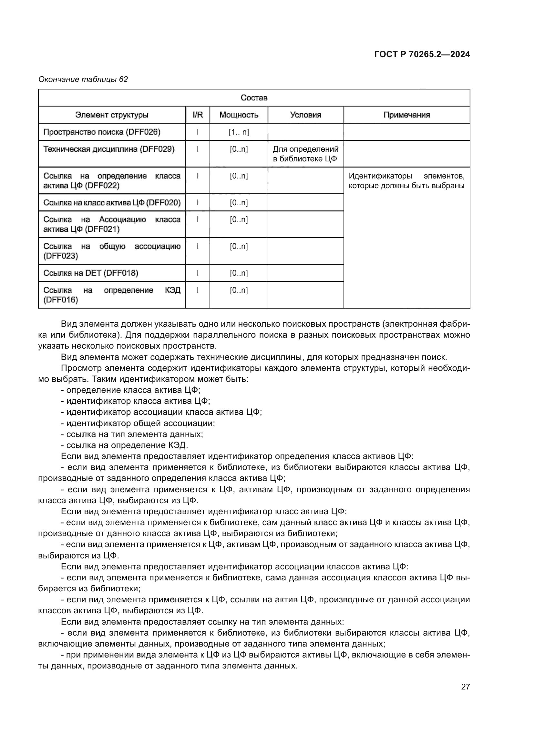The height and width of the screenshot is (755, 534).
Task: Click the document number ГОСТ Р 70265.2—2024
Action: click(422, 54)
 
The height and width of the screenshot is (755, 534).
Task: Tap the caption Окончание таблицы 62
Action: click(83, 79)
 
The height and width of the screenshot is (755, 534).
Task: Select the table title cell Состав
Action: click(254, 98)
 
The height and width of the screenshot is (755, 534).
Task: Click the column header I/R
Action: click(198, 115)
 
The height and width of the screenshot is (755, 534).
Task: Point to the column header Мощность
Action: click(239, 115)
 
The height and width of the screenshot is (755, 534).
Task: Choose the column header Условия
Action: click(305, 115)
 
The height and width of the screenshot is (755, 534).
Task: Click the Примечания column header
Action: click(406, 115)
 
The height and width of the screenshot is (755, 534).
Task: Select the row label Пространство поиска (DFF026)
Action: click(102, 132)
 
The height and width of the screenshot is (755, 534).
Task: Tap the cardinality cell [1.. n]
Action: click(239, 132)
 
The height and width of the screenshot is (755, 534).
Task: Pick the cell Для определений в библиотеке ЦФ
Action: click(305, 154)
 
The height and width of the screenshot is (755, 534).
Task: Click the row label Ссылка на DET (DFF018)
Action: click(91, 273)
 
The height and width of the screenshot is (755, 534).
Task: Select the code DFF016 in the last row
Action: click(60, 300)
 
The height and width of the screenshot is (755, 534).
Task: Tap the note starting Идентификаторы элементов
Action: click(406, 181)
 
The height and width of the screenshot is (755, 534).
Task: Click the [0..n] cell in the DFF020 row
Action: click(239, 203)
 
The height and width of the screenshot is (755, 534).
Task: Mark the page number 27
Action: click(465, 687)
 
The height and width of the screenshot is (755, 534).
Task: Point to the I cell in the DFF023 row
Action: click(198, 246)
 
